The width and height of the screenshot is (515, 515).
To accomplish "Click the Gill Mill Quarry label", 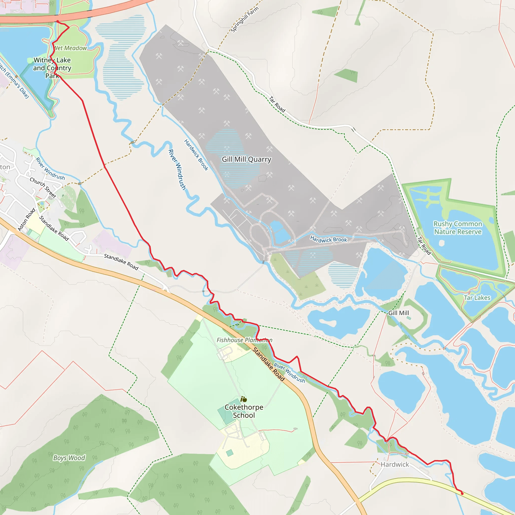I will [x=247, y=159].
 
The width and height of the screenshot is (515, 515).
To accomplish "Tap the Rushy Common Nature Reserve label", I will [x=458, y=228].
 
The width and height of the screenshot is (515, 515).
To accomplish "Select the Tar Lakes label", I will [x=477, y=298].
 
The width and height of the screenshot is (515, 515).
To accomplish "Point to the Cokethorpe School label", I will [x=244, y=411].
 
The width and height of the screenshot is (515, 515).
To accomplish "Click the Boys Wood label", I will [x=69, y=458].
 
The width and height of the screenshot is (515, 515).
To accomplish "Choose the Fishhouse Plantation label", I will [x=244, y=340].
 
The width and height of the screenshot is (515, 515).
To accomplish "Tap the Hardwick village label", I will [x=395, y=464].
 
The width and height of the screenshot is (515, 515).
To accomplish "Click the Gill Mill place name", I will [x=399, y=313].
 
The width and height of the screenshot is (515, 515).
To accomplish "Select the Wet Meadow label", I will [x=70, y=48].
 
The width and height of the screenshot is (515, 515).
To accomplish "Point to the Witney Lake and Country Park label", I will [x=52, y=68].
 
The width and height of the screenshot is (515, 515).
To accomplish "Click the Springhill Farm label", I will [x=244, y=20].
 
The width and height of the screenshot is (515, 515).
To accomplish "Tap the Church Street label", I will [x=43, y=188].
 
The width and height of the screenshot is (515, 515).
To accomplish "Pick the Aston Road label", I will [x=26, y=219].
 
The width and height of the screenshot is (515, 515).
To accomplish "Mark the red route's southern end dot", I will [x=462, y=493].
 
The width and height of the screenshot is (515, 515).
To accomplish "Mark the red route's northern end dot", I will [x=58, y=22].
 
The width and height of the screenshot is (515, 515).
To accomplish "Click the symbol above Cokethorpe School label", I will [x=244, y=399].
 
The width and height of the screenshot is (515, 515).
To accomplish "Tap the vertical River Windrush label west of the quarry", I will [x=177, y=169].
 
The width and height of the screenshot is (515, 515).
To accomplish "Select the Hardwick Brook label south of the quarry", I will [x=328, y=239].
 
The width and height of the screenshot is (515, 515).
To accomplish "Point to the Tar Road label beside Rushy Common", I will [x=424, y=245].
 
